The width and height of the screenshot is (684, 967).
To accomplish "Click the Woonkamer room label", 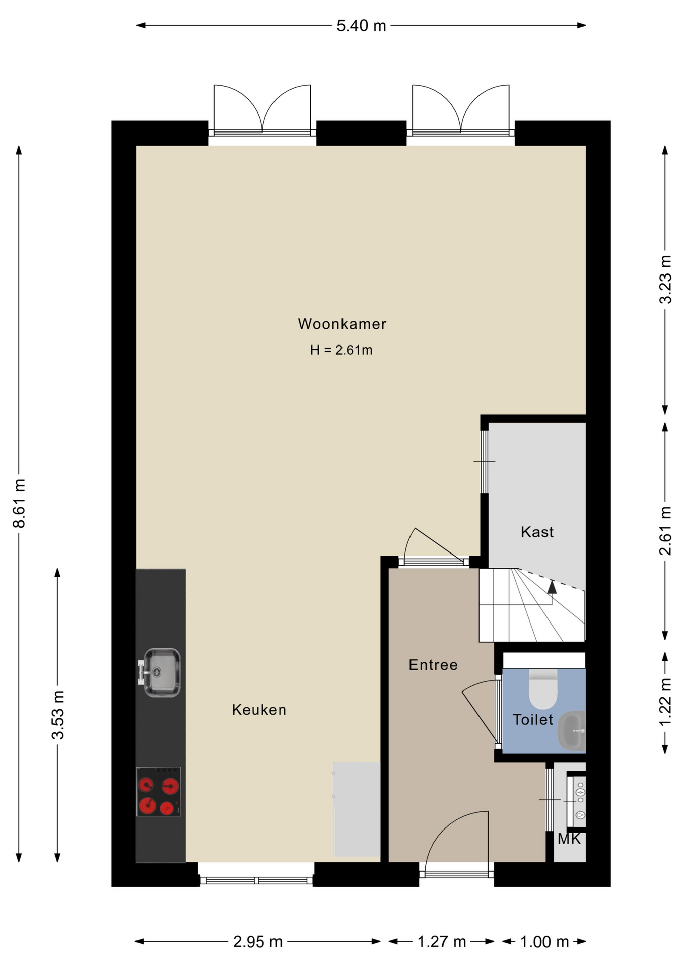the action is click(342, 324).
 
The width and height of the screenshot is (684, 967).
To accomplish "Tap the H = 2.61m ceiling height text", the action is click(341, 350).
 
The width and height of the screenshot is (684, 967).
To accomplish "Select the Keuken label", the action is click(259, 710).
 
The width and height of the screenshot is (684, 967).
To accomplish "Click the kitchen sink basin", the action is click(161, 672).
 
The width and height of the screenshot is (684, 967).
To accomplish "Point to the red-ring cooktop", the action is click(159, 791).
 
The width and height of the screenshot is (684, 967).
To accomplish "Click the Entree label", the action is click(433, 665).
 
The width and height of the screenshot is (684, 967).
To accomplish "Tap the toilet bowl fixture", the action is click(543, 688).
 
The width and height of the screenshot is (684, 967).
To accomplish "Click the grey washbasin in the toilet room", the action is click(573, 731).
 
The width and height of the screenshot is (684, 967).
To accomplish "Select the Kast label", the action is click(537, 532).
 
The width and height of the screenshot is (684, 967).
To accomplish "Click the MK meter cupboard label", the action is click(569, 839).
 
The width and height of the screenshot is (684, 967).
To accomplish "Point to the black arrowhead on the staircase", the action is click(552, 587).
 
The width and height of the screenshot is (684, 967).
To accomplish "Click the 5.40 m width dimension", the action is click(361, 25).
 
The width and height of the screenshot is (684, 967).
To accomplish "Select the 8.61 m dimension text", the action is click(19, 503).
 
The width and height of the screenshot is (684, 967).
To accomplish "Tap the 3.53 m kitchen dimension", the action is click(58, 715).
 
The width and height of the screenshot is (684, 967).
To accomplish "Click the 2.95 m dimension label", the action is click(258, 941).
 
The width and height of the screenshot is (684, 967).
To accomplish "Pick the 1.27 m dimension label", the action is click(442, 941).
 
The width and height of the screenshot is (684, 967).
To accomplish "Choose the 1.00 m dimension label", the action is click(544, 941).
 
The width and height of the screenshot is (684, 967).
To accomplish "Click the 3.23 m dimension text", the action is click(665, 279).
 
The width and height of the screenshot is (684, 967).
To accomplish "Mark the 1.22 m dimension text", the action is click(665, 702).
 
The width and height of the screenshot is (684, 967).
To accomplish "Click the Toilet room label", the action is click(533, 719).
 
